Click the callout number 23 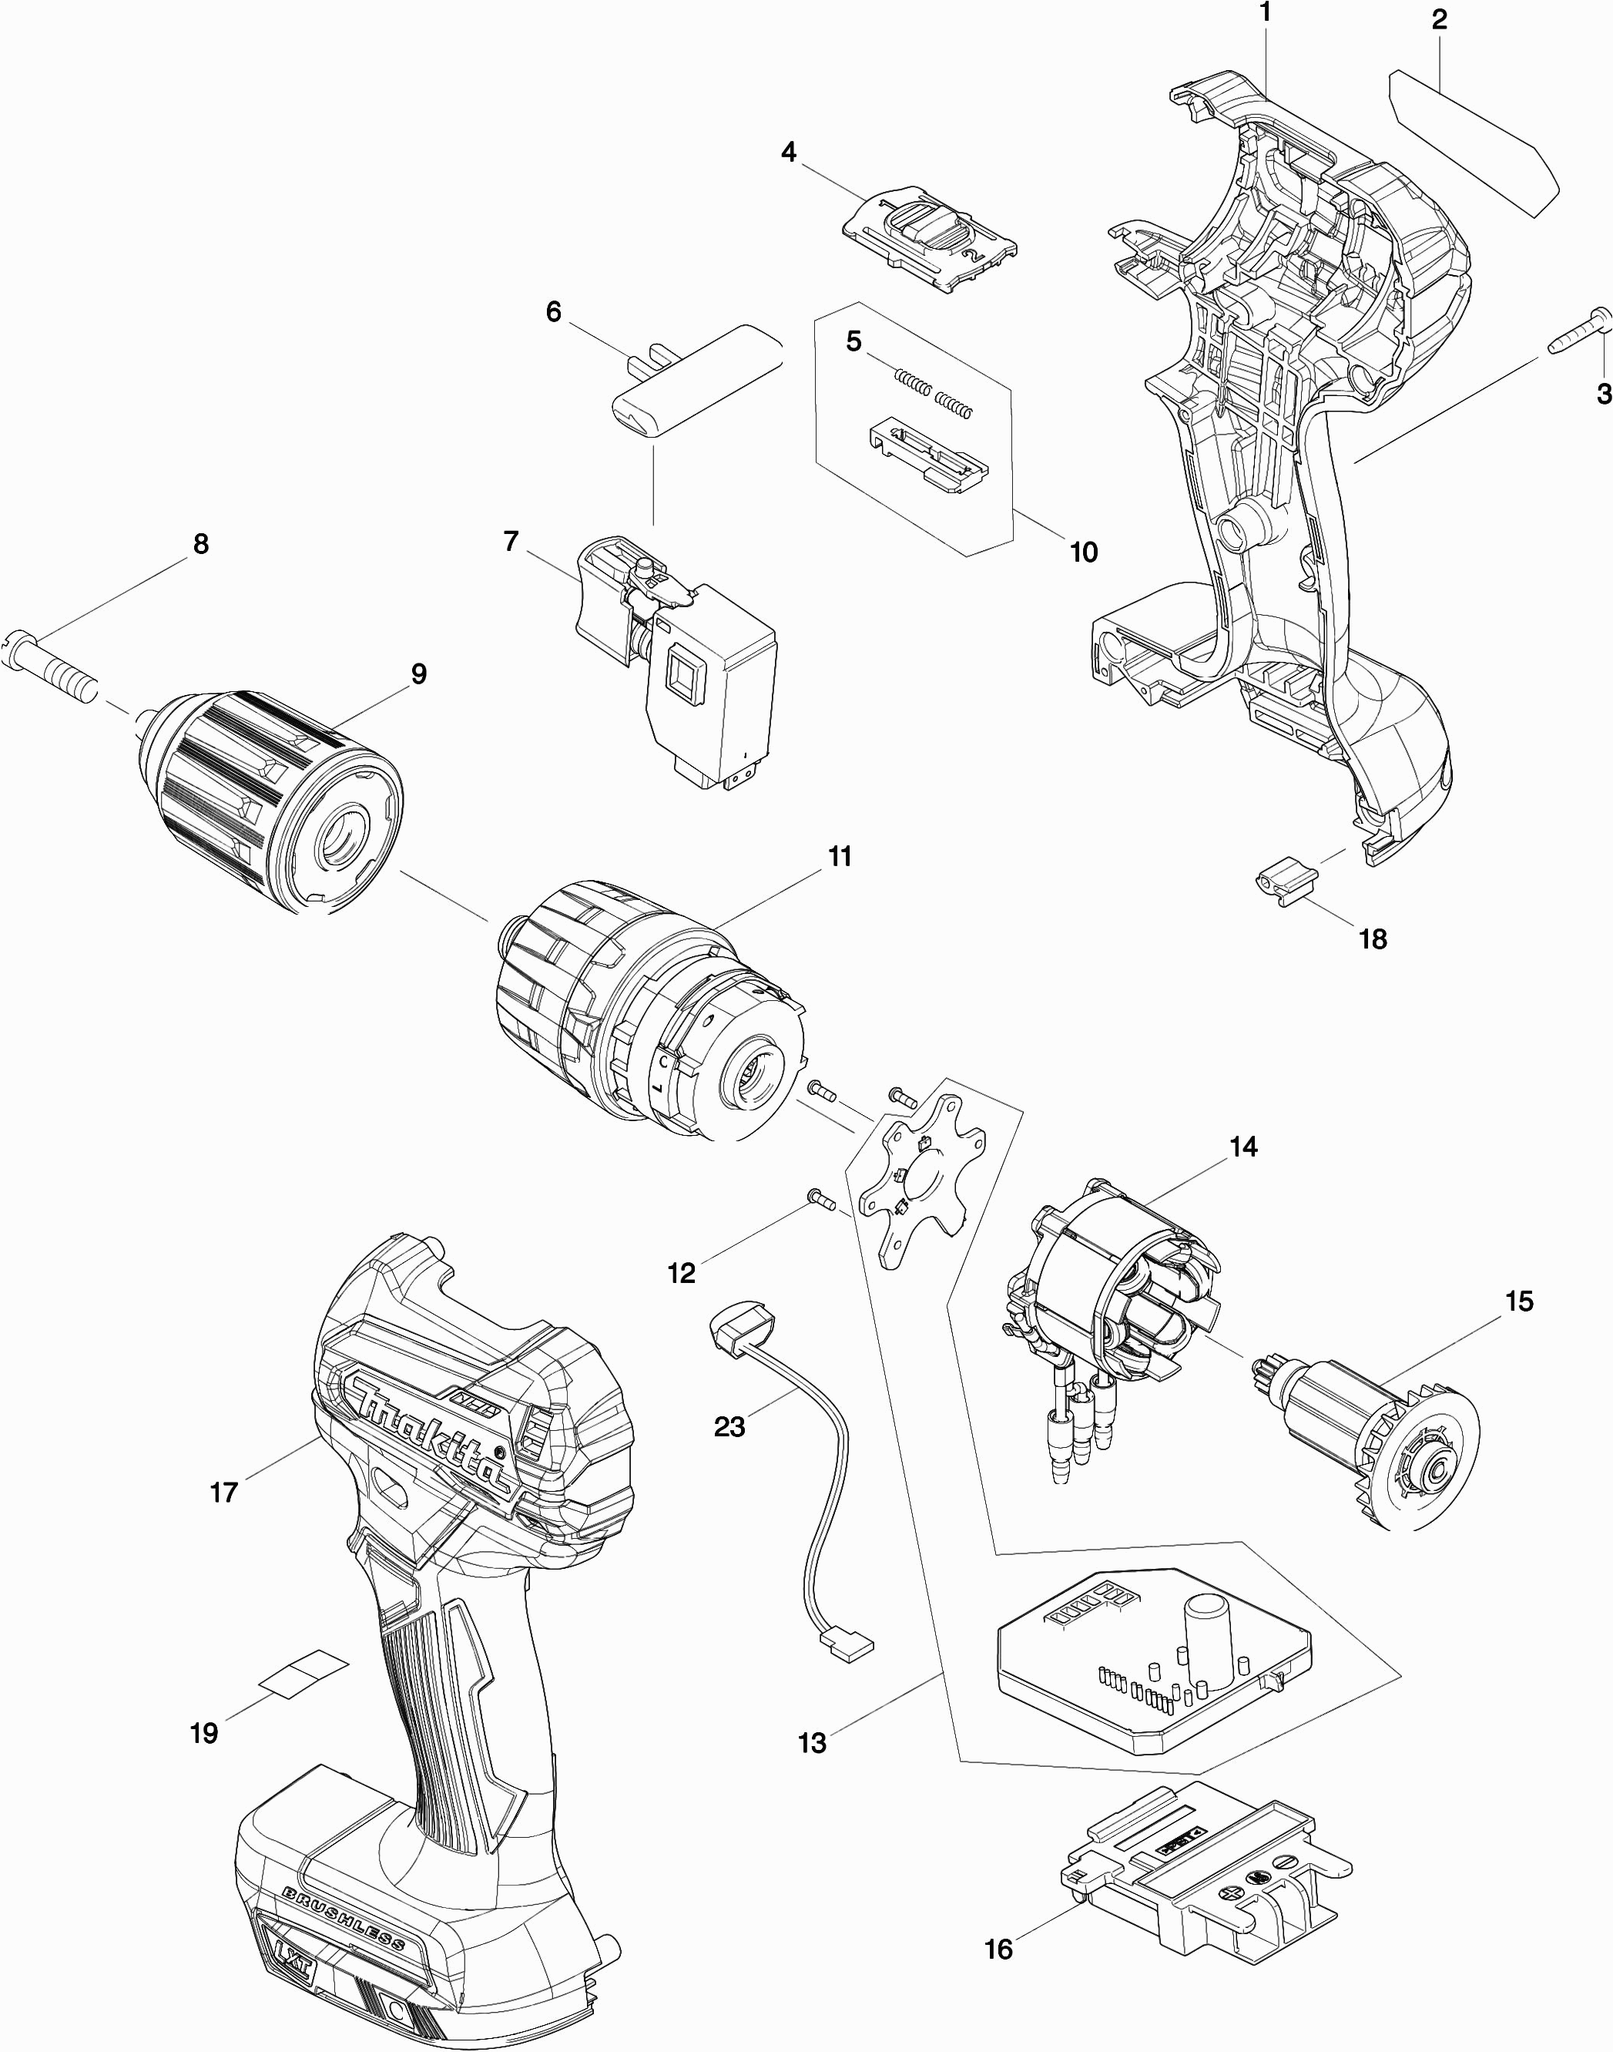click(729, 1426)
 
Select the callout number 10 click(1083, 552)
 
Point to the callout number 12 click(681, 1273)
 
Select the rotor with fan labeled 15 click(1367, 1436)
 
